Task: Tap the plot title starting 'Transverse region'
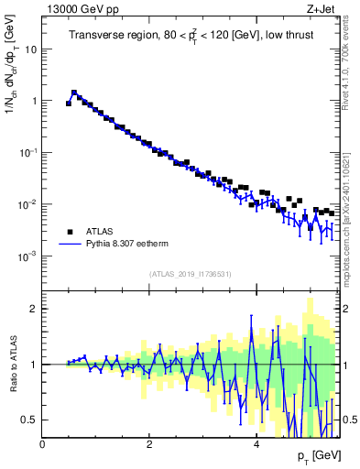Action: [x=191, y=37]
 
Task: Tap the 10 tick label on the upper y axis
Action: [x=30, y=49]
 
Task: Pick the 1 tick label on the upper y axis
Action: [x=34, y=102]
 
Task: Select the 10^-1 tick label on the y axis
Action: [x=28, y=153]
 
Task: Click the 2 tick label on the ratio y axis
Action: [x=34, y=309]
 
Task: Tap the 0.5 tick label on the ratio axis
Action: [x=30, y=420]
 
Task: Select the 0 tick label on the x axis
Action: [x=43, y=442]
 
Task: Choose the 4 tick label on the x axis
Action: [x=256, y=442]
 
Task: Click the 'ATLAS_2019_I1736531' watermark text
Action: [x=191, y=274]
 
